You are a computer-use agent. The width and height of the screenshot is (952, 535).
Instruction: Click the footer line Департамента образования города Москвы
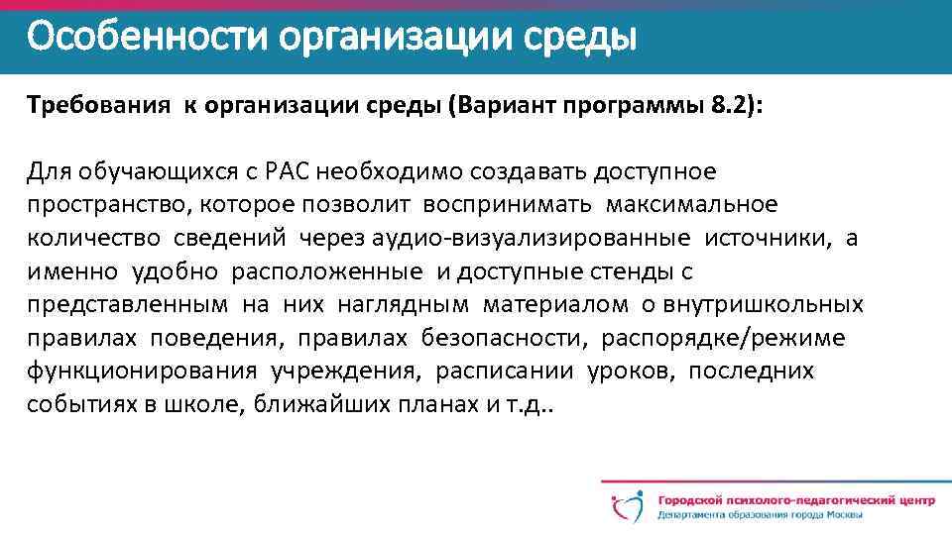759,515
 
